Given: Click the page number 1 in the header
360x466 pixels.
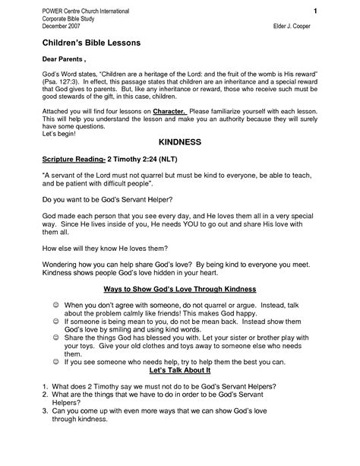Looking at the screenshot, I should [314, 11].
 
